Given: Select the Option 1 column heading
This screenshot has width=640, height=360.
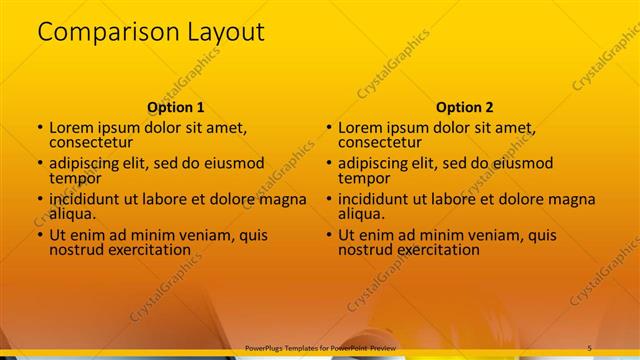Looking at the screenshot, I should coord(176,107).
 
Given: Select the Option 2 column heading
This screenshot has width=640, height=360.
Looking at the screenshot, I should coord(464,107).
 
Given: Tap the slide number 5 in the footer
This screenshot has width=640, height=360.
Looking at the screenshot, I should coord(589,347).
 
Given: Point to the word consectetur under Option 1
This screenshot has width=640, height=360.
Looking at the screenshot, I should coord(91,142).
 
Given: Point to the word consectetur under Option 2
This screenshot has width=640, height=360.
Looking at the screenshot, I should coord(380,142).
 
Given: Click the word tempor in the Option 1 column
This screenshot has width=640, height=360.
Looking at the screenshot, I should coord(73,178).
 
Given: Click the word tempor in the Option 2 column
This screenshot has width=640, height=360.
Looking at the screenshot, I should coord(362,178).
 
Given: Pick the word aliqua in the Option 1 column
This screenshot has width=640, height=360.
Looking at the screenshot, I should coord(73,214).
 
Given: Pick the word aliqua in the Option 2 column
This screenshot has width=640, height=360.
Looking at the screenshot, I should coord(362,214).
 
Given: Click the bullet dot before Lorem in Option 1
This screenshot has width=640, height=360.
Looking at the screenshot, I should coord(40,128).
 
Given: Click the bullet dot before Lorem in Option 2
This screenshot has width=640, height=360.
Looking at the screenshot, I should coord(329,128).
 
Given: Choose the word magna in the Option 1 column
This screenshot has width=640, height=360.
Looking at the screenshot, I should coord(283,199).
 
